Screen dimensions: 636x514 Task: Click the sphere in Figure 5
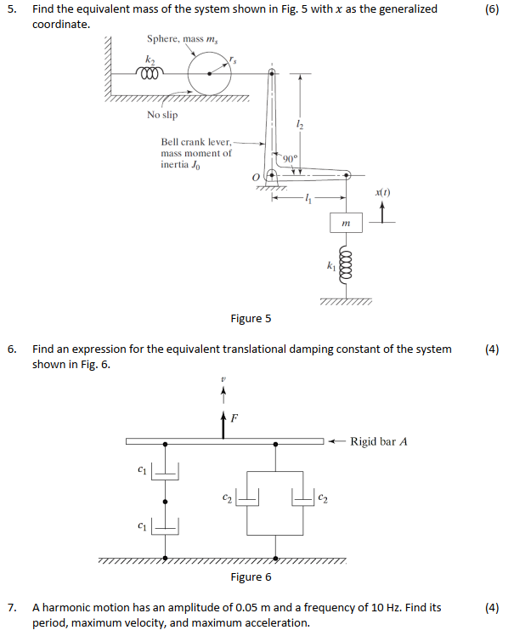coord(210,74)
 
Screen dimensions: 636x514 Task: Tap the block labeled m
coord(346,223)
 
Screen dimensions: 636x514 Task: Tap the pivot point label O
coord(254,176)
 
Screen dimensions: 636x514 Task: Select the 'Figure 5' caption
coord(251,318)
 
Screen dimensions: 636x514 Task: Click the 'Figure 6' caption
coord(251,576)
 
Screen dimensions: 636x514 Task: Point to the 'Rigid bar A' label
coord(379,441)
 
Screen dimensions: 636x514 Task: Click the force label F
coord(234,418)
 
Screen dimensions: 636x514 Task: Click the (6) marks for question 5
coord(491,9)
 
